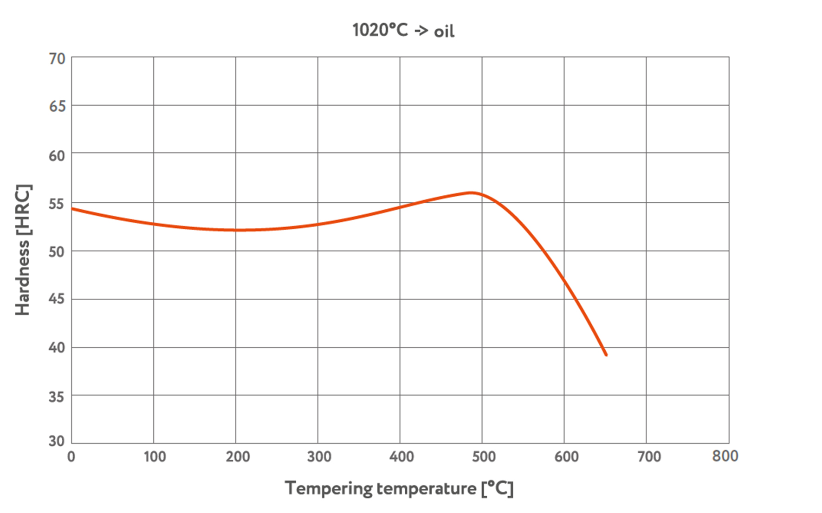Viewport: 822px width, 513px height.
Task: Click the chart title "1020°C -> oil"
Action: pyautogui.click(x=403, y=31)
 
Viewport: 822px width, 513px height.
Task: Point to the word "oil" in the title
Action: pyautogui.click(x=444, y=32)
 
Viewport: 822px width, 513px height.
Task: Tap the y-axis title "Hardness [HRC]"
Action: pyautogui.click(x=23, y=250)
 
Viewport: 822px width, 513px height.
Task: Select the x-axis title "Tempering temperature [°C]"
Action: pyautogui.click(x=399, y=488)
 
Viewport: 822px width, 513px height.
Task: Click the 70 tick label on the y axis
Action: pyautogui.click(x=57, y=59)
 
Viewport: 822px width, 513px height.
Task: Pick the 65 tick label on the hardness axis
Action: pyautogui.click(x=57, y=107)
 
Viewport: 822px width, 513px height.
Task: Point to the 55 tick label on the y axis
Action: pyautogui.click(x=57, y=204)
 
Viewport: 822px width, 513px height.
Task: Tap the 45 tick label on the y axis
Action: pyautogui.click(x=57, y=299)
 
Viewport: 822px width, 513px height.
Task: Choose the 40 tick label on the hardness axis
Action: pyautogui.click(x=57, y=347)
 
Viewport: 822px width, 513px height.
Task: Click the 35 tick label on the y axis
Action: pyautogui.click(x=57, y=397)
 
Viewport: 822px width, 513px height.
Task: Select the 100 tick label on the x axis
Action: pyautogui.click(x=155, y=457)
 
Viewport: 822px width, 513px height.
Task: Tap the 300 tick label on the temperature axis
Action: pyautogui.click(x=319, y=457)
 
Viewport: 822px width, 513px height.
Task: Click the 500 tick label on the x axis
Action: pyautogui.click(x=484, y=457)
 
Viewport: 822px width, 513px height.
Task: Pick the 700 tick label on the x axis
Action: pyautogui.click(x=649, y=457)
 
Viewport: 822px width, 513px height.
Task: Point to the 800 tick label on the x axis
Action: pyautogui.click(x=725, y=456)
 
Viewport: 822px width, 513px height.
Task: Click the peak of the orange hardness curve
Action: pyautogui.click(x=471, y=192)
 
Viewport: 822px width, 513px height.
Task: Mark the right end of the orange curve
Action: pyautogui.click(x=606, y=355)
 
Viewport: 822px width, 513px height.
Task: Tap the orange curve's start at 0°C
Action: pyautogui.click(x=72, y=209)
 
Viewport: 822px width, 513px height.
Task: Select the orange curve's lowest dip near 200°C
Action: pyautogui.click(x=239, y=230)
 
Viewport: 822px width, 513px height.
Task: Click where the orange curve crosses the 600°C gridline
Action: pyautogui.click(x=564, y=280)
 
